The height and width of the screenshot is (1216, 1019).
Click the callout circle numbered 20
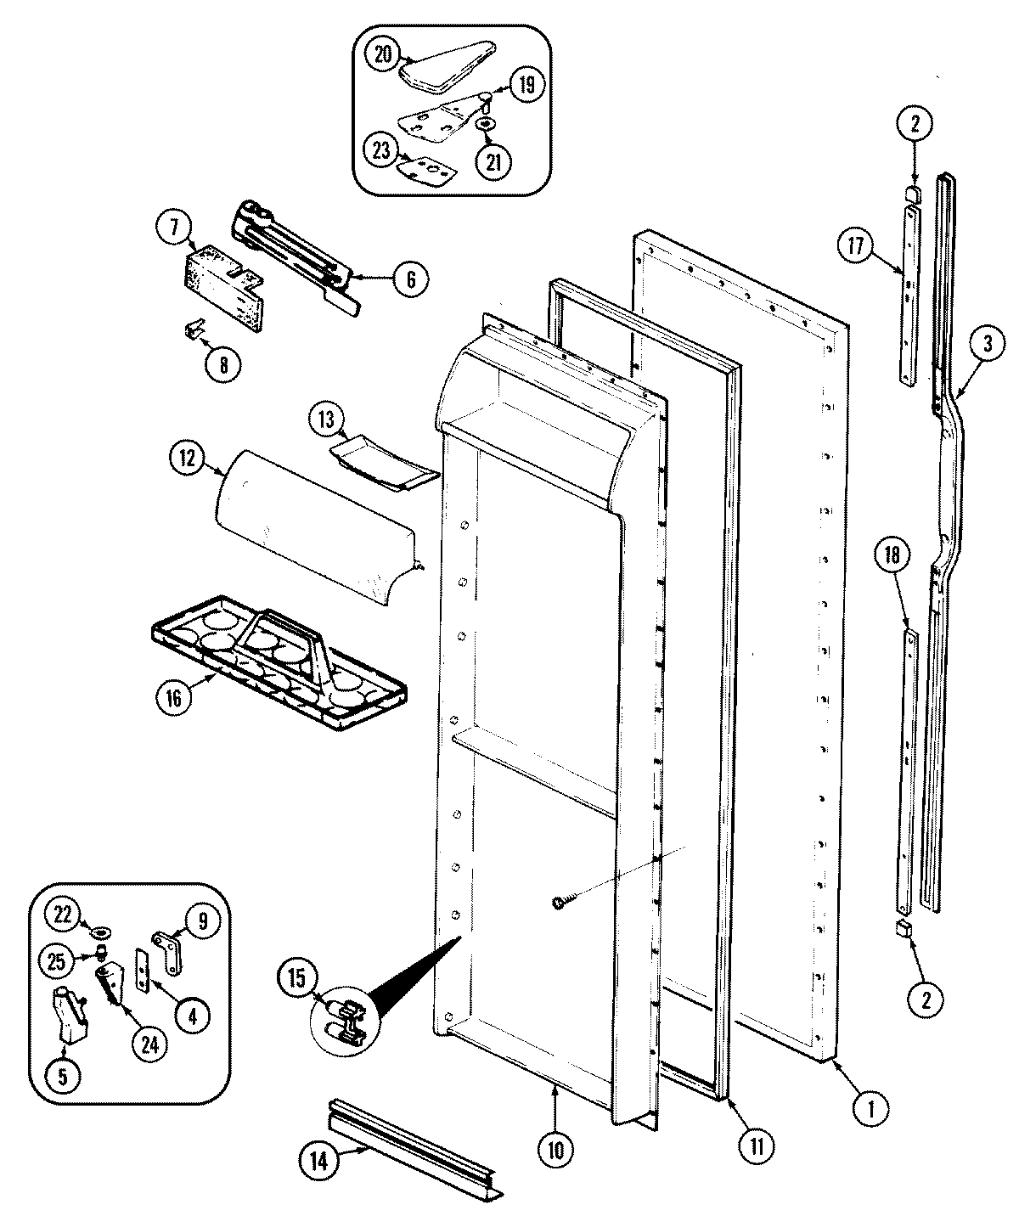pyautogui.click(x=383, y=53)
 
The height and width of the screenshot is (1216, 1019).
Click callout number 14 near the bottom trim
pyautogui.click(x=318, y=1158)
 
